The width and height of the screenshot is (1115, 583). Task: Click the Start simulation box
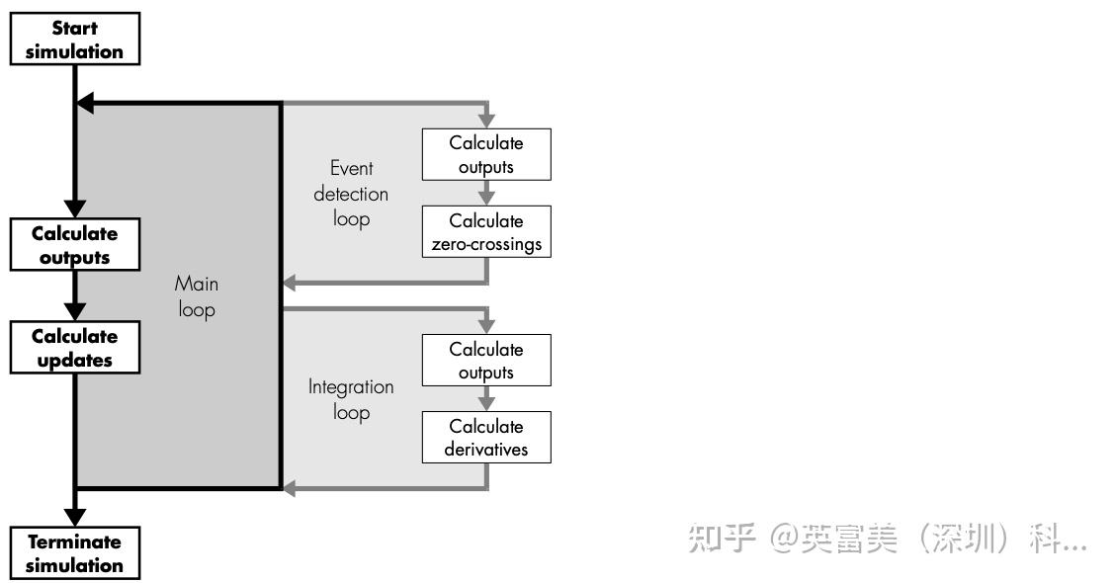[75, 41]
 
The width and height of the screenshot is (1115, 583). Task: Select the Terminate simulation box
[75, 553]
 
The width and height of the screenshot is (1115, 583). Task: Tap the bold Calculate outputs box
[75, 246]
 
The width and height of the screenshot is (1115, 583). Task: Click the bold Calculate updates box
[75, 349]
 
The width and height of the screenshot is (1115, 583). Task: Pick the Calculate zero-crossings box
[486, 232]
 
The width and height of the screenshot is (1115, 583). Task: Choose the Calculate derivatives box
[486, 438]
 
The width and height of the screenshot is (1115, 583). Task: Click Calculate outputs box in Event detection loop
[486, 155]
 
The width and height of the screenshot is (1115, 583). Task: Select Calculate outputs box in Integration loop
[486, 361]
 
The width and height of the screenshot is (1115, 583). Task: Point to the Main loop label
[197, 296]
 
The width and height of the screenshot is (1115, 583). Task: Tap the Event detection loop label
[351, 194]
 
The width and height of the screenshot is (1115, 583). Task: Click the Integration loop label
[351, 399]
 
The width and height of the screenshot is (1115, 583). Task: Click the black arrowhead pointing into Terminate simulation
[75, 517]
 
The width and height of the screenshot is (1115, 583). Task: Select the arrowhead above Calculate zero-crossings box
[486, 197]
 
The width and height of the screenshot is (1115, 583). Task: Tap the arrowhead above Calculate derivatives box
[486, 402]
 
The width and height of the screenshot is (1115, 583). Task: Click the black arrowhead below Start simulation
[85, 102]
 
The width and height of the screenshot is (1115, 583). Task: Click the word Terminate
[75, 541]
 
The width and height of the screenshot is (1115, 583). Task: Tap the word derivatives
[486, 450]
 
